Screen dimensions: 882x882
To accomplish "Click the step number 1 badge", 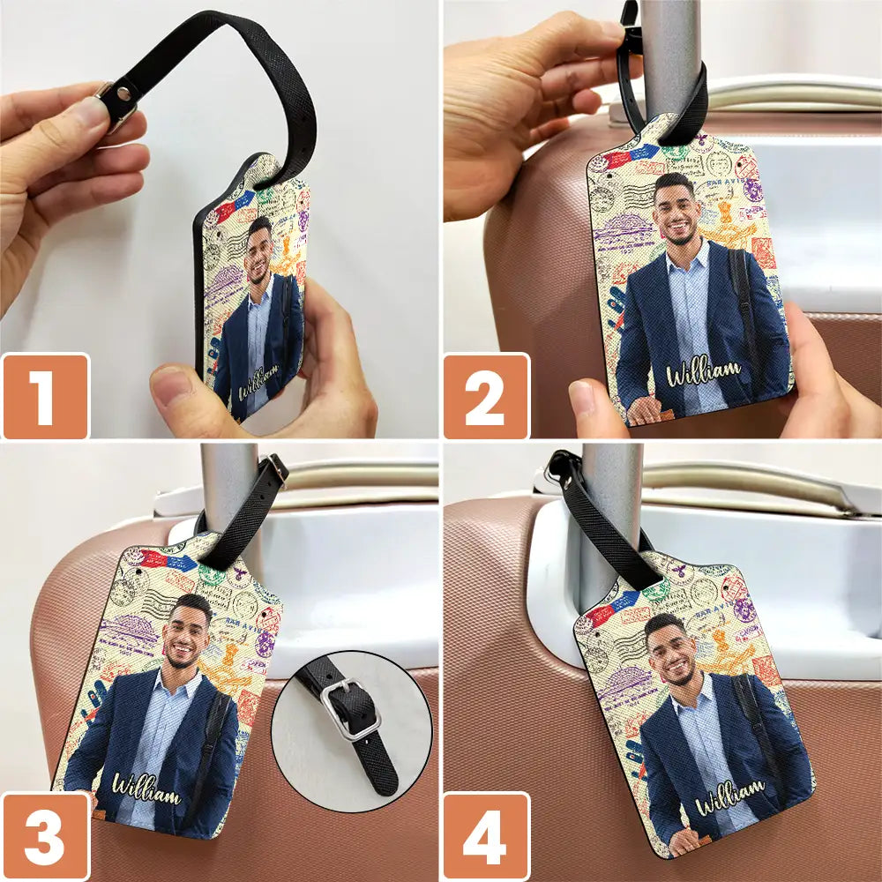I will pyautogui.click(x=45, y=396).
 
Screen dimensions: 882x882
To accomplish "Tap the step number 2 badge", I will pyautogui.click(x=486, y=396).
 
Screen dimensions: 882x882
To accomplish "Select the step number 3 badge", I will pyautogui.click(x=45, y=836).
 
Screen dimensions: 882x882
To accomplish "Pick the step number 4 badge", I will pyautogui.click(x=486, y=836).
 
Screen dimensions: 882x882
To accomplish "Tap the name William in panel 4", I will pyautogui.click(x=729, y=796).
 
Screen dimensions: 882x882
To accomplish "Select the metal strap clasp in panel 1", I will pyautogui.click(x=116, y=104).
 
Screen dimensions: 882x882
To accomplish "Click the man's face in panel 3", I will pyautogui.click(x=188, y=632).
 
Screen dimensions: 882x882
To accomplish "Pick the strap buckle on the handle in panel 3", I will pyautogui.click(x=274, y=470).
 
